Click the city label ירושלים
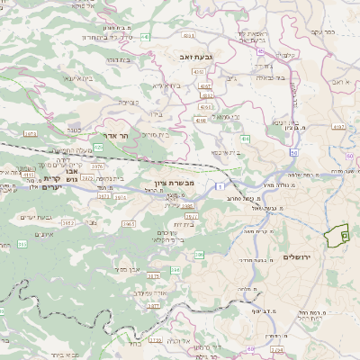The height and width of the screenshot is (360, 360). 296,257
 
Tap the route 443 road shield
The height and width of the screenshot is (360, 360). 145,37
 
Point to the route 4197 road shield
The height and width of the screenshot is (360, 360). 339,127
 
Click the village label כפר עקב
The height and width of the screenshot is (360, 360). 323,32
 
